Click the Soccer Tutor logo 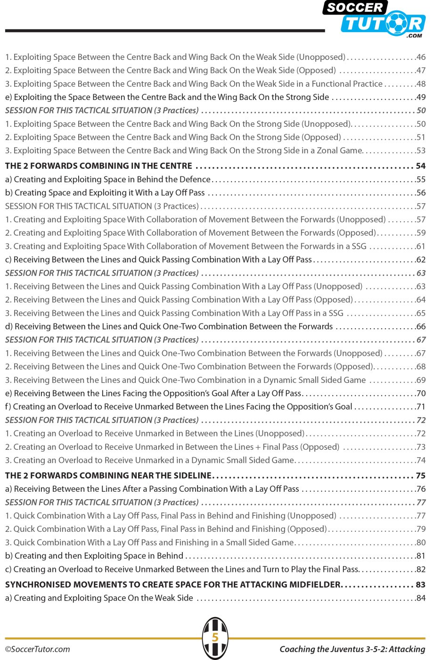(x=375, y=19)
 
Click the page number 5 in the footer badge (x=215, y=637)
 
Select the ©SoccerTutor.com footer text (x=38, y=649)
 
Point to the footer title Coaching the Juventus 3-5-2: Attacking (x=352, y=649)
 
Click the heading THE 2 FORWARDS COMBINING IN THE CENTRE (x=99, y=166)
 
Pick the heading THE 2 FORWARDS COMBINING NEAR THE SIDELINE (x=108, y=476)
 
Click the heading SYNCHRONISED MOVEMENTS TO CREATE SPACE (x=172, y=585)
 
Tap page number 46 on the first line (x=421, y=57)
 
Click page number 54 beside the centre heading (x=421, y=166)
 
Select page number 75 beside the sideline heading (x=421, y=476)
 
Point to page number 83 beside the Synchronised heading (x=421, y=585)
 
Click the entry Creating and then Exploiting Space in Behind (x=94, y=556)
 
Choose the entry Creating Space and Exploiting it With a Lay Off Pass (x=105, y=193)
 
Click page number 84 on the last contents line (x=421, y=598)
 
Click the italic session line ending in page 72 (x=102, y=420)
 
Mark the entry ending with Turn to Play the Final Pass (x=182, y=569)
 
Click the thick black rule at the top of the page (x=165, y=31)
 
